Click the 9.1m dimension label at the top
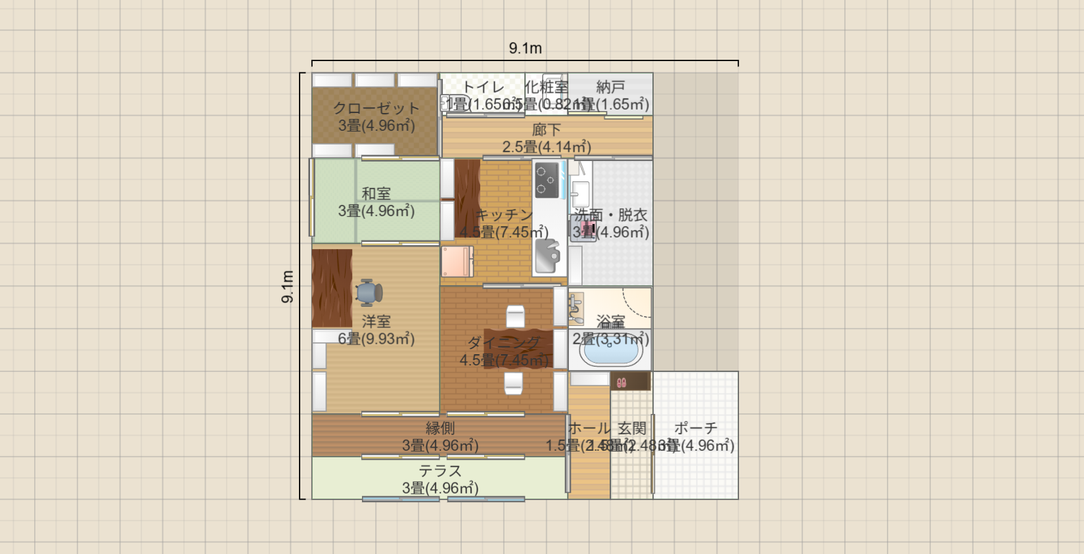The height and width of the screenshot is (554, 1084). click(525, 48)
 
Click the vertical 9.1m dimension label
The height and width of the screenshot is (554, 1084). click(288, 287)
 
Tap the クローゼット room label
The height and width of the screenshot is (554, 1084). click(376, 108)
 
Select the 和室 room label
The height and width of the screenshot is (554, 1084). click(376, 193)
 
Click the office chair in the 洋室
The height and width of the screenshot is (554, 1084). click(369, 292)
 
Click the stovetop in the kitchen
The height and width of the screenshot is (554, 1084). click(547, 180)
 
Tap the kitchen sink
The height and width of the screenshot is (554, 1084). click(547, 256)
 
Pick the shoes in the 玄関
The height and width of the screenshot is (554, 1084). click(621, 382)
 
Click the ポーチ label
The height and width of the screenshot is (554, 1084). click(696, 428)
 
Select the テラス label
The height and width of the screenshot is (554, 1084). click(440, 471)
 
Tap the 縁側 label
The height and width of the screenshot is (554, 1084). click(440, 428)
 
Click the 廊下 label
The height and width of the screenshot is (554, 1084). click(547, 130)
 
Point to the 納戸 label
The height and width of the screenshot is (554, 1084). click(610, 87)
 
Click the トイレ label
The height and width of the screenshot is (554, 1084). click(483, 87)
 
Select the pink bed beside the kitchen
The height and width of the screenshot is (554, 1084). click(457, 262)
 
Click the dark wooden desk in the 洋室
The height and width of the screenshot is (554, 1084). click(332, 288)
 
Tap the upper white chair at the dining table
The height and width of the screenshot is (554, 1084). click(516, 317)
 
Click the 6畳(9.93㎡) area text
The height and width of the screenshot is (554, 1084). click(376, 339)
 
